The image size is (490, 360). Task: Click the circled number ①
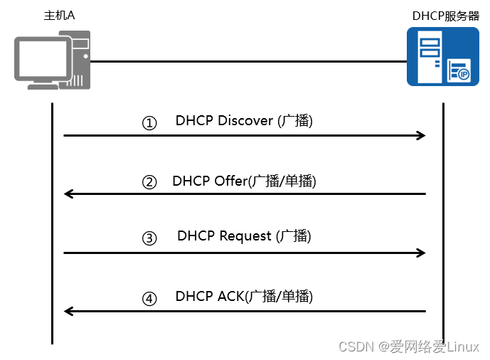coord(149,123)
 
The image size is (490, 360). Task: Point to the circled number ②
coord(149,182)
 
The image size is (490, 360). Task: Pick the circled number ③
coord(149,239)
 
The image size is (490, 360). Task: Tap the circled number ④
coord(149,299)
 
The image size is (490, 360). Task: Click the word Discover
coord(245,121)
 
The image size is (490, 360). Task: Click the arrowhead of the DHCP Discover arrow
coord(421,135)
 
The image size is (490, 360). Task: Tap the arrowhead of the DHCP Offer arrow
coord(68,194)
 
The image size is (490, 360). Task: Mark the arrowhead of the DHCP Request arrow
coord(421,253)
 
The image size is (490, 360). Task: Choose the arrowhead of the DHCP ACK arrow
coord(68,311)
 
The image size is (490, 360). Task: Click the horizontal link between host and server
coord(249,61)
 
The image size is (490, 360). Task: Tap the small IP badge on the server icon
coord(462,73)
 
